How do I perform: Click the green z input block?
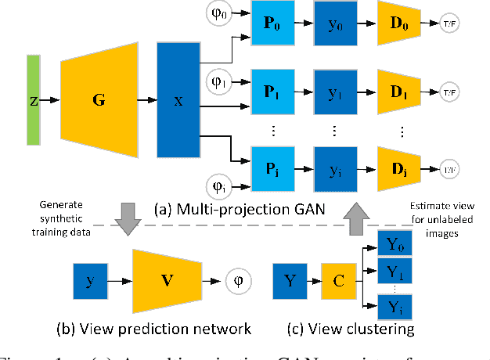point(33,100)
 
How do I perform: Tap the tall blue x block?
point(179,100)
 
